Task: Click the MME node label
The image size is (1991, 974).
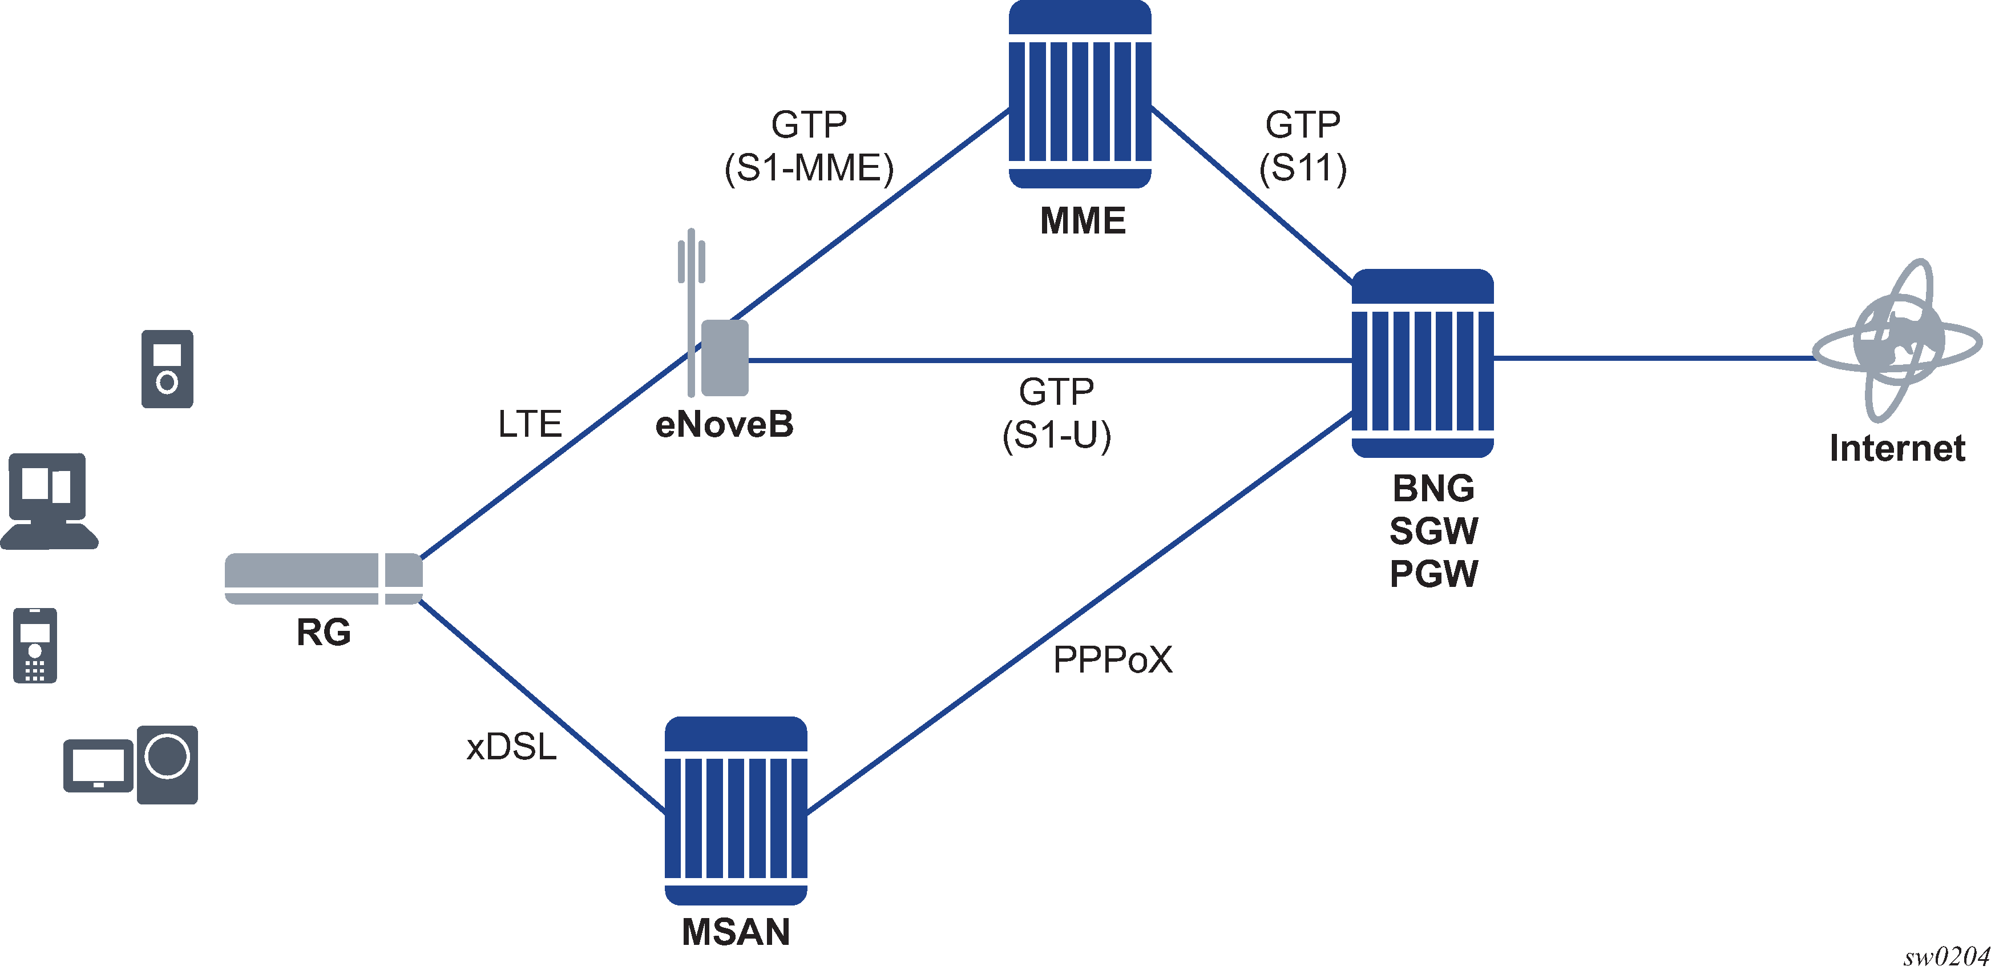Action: click(x=1082, y=221)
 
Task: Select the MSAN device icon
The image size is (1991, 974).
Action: click(x=736, y=811)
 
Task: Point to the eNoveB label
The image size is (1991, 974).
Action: click(x=724, y=424)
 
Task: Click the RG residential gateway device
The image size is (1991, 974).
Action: click(x=324, y=579)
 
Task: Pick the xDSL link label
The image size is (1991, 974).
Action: click(x=512, y=747)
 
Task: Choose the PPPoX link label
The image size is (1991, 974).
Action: click(x=1113, y=660)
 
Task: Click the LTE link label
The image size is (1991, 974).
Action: click(x=530, y=424)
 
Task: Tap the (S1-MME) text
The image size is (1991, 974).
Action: click(x=809, y=168)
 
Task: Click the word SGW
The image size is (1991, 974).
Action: click(x=1433, y=531)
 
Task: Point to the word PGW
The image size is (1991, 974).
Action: click(x=1433, y=574)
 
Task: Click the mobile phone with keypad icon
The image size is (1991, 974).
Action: click(x=35, y=646)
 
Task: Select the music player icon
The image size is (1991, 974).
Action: click(x=167, y=369)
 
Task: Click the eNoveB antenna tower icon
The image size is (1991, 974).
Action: click(x=713, y=313)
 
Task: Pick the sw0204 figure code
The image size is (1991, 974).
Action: click(x=1946, y=957)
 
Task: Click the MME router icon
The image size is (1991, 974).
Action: click(x=1080, y=94)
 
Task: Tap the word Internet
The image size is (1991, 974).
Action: click(x=1897, y=448)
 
